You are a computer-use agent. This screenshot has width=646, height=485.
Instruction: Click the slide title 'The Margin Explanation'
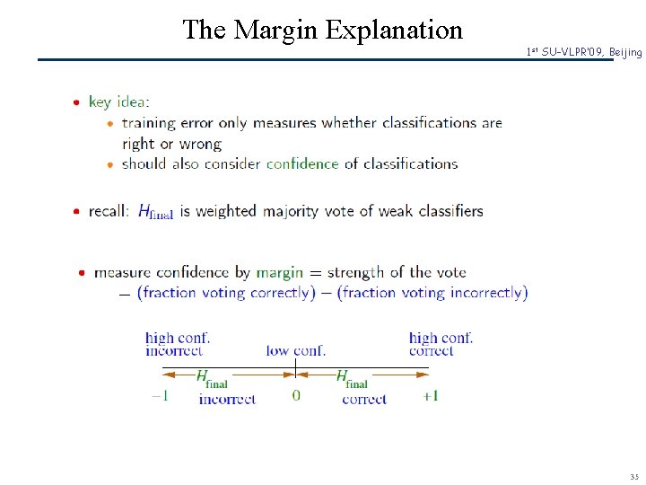tap(322, 30)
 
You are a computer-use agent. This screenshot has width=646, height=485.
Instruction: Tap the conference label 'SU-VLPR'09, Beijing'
tap(584, 53)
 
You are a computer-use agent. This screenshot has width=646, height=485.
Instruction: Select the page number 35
tap(634, 477)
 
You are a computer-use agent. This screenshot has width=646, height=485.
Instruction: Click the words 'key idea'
tap(118, 101)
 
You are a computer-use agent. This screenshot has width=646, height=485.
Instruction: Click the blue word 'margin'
tap(279, 272)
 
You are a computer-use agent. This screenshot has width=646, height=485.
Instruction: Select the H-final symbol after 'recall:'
tap(155, 212)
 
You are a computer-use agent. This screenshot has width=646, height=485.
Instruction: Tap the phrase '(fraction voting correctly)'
tap(226, 292)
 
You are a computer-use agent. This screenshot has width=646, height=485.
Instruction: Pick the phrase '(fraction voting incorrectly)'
tap(432, 292)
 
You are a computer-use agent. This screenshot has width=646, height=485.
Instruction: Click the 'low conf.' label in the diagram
tap(296, 350)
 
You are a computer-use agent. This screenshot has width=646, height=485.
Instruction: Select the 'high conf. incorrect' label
tap(178, 344)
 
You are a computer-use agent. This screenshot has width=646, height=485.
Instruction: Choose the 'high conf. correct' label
tap(441, 344)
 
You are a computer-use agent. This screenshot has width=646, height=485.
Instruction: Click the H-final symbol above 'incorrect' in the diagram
tap(212, 377)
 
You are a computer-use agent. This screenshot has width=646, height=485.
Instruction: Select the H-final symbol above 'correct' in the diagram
tap(352, 377)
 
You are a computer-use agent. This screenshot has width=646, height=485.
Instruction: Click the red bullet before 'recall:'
tap(78, 212)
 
